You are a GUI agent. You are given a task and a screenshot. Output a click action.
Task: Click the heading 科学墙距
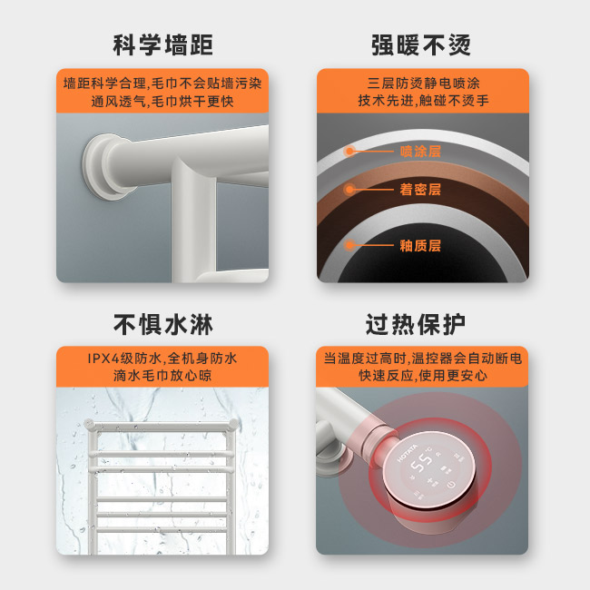coord(162,44)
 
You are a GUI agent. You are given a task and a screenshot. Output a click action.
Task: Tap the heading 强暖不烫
coord(421,44)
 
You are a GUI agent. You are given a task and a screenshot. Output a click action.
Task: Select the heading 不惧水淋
coord(162,323)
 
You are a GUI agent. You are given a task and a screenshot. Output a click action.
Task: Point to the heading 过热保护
coord(421,323)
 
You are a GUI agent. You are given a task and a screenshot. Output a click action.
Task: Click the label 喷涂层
coord(420,152)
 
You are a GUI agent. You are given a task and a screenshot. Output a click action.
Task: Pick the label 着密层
coord(420,190)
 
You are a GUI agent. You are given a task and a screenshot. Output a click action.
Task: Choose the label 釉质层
coord(420,245)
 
